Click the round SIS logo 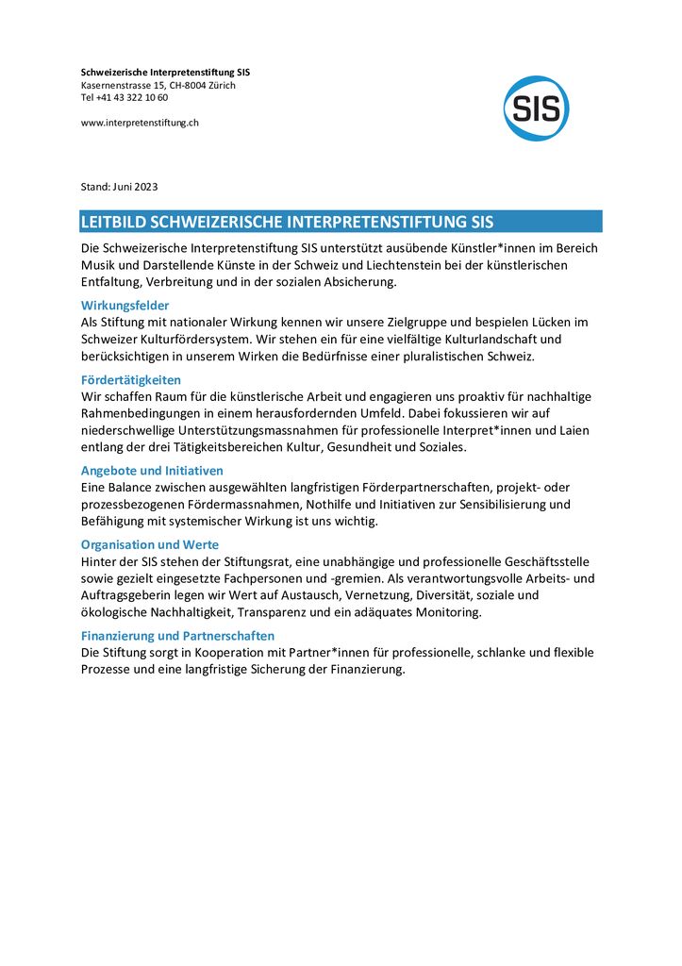(x=536, y=108)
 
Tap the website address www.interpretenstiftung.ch (x=140, y=122)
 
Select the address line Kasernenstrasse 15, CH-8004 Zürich (x=158, y=85)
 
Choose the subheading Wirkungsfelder (x=125, y=306)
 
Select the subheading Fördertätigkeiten (x=131, y=380)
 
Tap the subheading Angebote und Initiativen (x=152, y=470)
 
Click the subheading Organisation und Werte (x=149, y=544)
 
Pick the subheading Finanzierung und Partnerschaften (x=177, y=636)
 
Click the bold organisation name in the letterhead (x=165, y=72)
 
